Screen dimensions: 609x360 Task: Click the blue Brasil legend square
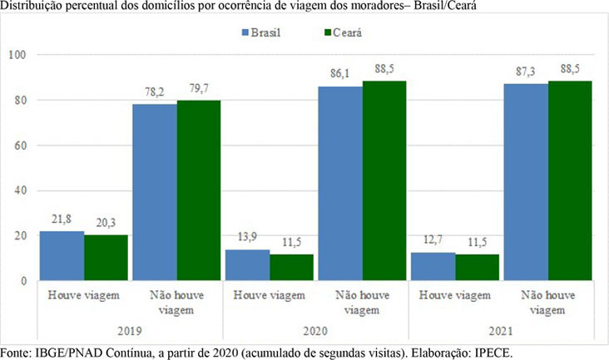click(245, 32)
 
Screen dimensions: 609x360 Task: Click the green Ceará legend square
click(328, 32)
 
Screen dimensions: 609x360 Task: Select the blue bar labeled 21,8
click(62, 255)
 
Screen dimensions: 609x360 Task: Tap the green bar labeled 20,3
click(106, 258)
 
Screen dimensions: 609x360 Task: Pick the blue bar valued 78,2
click(155, 192)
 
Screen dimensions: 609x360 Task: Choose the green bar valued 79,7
click(199, 190)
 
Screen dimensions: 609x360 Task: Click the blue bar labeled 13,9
click(248, 265)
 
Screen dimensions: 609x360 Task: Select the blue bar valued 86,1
click(340, 184)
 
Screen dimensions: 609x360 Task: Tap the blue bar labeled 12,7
click(433, 267)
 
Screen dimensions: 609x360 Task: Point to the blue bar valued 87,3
click(527, 182)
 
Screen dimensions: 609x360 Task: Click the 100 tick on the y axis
click(17, 55)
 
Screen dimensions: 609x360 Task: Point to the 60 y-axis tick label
click(20, 145)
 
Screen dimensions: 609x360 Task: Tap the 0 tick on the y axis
click(23, 281)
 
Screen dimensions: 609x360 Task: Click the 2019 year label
click(130, 331)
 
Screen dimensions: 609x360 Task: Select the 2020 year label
click(315, 331)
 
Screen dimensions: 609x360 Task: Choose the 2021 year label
click(501, 331)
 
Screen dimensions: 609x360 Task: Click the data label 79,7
click(199, 89)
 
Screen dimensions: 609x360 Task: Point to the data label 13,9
click(247, 237)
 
